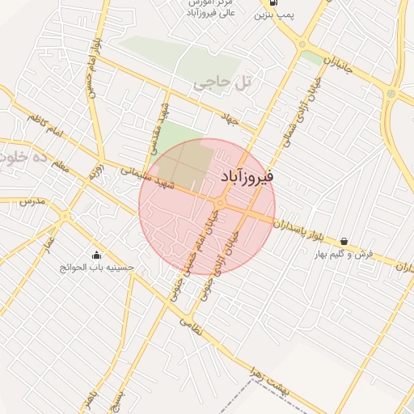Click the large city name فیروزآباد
click(247, 175)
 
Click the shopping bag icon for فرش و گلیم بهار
click(345, 241)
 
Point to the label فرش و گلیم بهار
click(344, 254)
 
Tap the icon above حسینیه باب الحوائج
click(98, 255)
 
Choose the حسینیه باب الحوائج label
click(99, 268)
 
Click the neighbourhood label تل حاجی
click(220, 82)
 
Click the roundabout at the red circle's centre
click(220, 202)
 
